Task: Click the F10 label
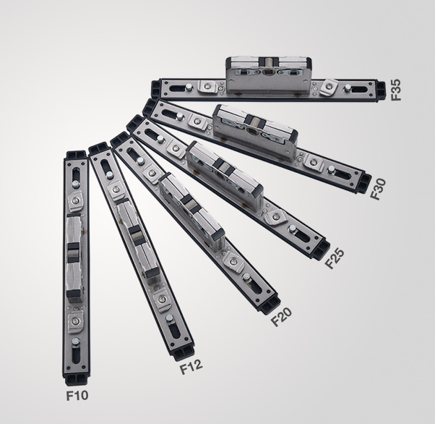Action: coord(77,395)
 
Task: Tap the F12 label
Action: coord(191,367)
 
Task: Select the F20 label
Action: coord(281,317)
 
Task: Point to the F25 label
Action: coord(334,258)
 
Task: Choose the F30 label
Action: coord(378,189)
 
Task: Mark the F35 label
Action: coord(395,90)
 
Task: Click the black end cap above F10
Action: coord(77,379)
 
